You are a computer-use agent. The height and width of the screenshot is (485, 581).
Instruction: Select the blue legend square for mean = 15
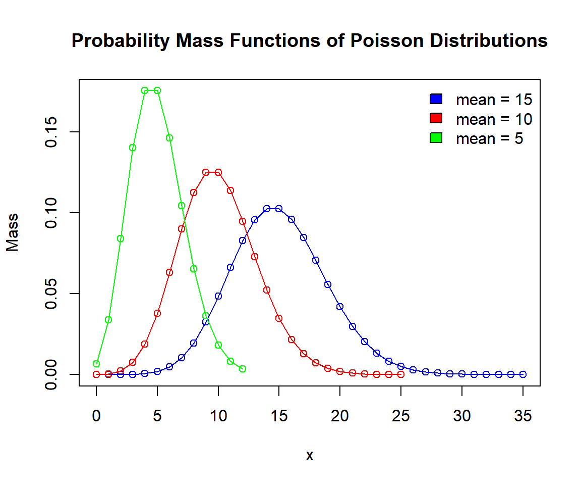point(436,99)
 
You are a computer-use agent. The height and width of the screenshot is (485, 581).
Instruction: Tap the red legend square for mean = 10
point(436,118)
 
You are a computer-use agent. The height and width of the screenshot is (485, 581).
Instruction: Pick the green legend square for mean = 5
point(436,137)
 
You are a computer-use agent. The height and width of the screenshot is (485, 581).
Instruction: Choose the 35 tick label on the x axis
point(522,416)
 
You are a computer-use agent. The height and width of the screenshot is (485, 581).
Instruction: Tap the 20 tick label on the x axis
point(340,416)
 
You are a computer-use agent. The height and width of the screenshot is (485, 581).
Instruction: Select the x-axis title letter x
point(310,456)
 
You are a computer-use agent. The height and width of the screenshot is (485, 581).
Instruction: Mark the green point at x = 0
point(96,364)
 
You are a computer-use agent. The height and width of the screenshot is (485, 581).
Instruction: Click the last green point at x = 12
point(243,369)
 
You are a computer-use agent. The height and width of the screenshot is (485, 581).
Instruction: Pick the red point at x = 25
point(401,374)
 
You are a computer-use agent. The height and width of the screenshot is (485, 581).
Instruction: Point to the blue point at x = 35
point(523,374)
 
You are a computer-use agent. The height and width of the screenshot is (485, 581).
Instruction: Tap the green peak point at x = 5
point(157,90)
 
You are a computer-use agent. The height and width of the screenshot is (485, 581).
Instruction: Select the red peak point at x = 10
point(218,172)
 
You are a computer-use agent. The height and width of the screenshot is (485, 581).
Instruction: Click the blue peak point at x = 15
point(279,209)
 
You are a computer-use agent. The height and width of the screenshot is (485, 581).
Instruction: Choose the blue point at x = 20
point(340,307)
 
